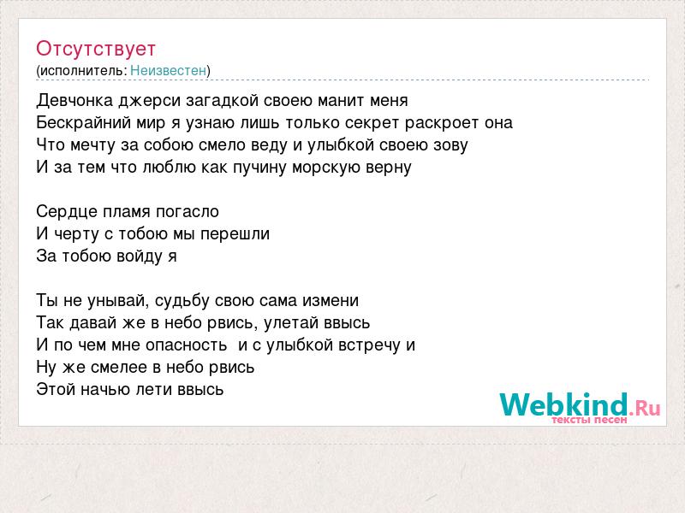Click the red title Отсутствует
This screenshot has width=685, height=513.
point(96,49)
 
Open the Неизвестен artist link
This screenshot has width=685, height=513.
point(168,70)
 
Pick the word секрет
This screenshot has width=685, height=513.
point(372,123)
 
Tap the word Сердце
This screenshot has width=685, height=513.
point(68,212)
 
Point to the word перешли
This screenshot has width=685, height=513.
point(235,234)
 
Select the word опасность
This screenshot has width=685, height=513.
point(186,345)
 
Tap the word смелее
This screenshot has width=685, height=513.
point(119,368)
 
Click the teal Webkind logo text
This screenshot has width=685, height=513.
point(563,404)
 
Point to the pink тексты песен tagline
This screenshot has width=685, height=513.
point(589,421)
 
